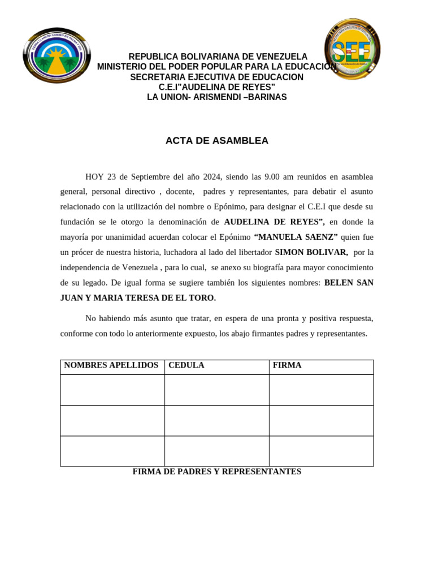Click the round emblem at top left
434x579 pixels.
[x=57, y=55]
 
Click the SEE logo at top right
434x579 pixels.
[x=352, y=50]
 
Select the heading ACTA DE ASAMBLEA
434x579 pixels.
[x=217, y=141]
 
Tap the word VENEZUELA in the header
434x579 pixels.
[x=281, y=57]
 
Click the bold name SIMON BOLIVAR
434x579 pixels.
[x=311, y=252]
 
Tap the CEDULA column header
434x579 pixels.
[x=186, y=365]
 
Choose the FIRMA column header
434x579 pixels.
[x=287, y=365]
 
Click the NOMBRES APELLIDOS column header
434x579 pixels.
[x=111, y=365]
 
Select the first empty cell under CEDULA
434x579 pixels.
[x=216, y=390]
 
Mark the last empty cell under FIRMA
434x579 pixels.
[x=321, y=451]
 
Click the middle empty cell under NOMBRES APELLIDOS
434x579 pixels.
[x=112, y=421]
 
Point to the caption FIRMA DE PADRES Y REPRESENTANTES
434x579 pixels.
[x=216, y=472]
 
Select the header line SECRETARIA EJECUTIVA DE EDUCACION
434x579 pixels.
[x=216, y=77]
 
